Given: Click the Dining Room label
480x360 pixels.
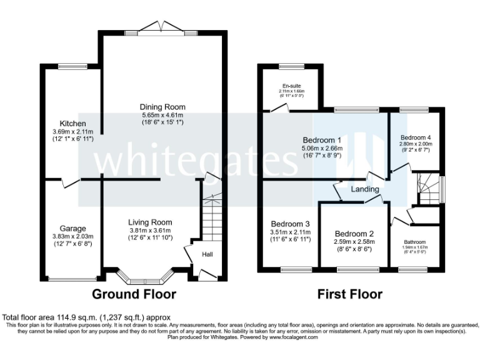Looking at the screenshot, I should coord(162,107).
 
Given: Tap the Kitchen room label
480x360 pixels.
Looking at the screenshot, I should coord(72,123).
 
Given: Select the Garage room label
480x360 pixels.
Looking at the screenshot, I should coord(73,228).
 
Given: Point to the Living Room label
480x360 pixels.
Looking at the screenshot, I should coord(150,222).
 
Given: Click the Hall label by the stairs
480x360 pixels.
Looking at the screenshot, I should coord(207,254).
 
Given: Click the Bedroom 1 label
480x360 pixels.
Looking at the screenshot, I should coord(321,139).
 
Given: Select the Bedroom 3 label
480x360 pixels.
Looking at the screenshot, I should coord(291,224).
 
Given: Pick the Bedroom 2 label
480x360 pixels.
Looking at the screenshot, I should coord(354,232).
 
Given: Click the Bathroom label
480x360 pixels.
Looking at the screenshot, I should coord(414,242).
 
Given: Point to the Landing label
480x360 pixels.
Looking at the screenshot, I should coord(364,189).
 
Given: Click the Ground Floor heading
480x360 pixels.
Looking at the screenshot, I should coord(134,294).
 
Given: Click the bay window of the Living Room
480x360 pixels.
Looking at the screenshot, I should coord(147,275).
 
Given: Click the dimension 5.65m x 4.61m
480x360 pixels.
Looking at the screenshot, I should coord(162,115).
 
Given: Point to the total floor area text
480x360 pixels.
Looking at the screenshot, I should coord(86,317).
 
